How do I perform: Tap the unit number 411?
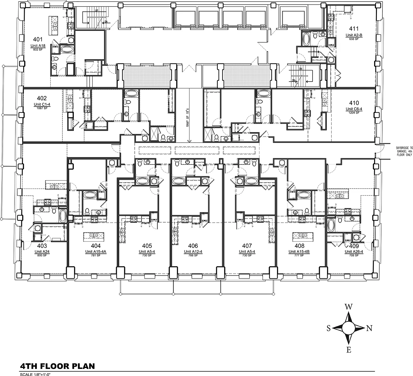pyautogui.click(x=354, y=30)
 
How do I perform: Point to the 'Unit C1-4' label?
pyautogui.click(x=42, y=104)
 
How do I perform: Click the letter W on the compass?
pyautogui.click(x=348, y=307)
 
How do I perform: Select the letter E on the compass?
pyautogui.click(x=348, y=350)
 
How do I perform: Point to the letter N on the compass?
pyautogui.click(x=369, y=328)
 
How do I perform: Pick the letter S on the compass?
pyautogui.click(x=329, y=328)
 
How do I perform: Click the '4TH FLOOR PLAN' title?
pyautogui.click(x=57, y=366)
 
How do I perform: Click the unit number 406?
pyautogui.click(x=193, y=246)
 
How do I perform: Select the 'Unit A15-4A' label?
pyautogui.click(x=96, y=252)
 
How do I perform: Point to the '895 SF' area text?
pyautogui.click(x=42, y=255)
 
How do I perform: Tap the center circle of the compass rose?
pyautogui.click(x=348, y=328)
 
